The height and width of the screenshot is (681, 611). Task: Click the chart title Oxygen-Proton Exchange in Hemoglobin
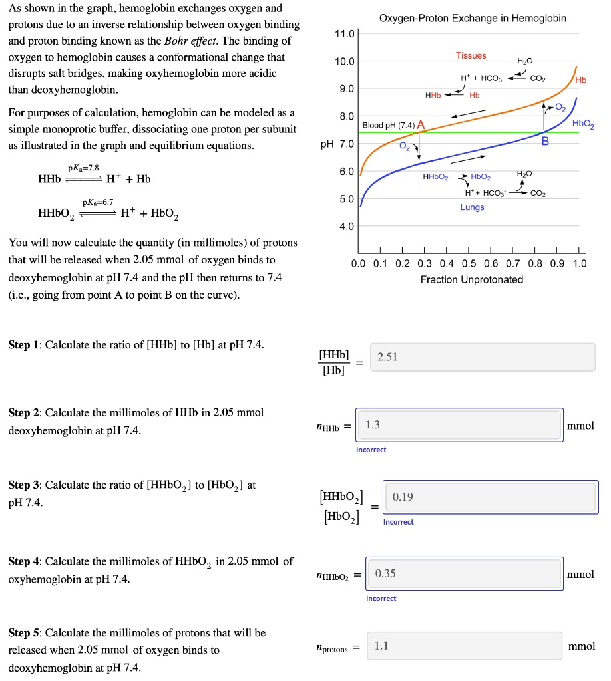(473, 18)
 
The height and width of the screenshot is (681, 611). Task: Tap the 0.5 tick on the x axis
(469, 264)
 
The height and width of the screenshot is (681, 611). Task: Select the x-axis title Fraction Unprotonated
(471, 279)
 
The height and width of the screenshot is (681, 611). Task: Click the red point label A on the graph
(421, 125)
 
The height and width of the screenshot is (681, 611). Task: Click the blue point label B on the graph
(545, 141)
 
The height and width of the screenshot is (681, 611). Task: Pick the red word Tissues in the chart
(471, 55)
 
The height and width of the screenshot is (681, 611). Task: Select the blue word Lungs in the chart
(472, 207)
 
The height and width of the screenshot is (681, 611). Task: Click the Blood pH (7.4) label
(389, 125)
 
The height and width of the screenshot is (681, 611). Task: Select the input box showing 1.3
(459, 425)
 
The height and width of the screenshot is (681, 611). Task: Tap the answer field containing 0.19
(490, 497)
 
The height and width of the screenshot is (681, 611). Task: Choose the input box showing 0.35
(464, 573)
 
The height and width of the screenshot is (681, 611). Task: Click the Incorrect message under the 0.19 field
(398, 522)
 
